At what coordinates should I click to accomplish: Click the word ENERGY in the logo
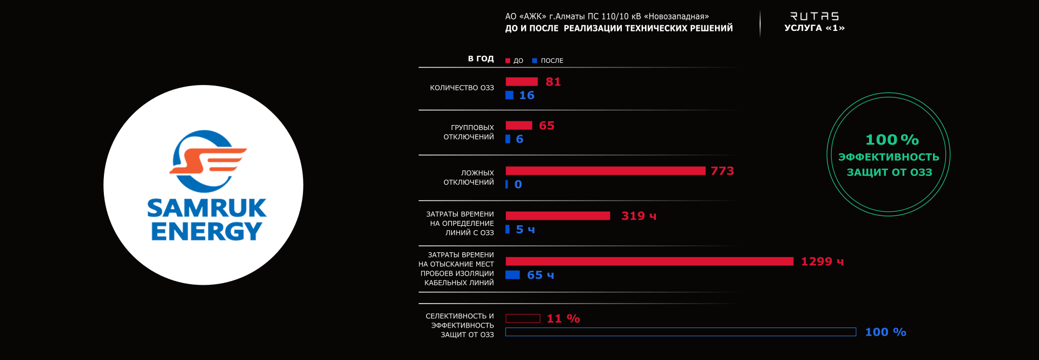coord(207,232)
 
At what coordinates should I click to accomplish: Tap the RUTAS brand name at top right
coord(814,16)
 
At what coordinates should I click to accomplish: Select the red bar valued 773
coord(605,171)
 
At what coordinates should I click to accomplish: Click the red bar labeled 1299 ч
coord(649,261)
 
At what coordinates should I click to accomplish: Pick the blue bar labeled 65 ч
coord(512,275)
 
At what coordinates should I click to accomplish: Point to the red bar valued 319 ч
coord(557,216)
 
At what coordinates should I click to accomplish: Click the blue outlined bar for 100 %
coord(680,332)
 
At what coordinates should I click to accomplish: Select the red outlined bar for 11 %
coord(523,318)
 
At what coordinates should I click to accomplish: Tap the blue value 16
coord(527,95)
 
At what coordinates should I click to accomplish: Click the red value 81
coord(553,82)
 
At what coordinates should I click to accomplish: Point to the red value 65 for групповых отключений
coord(547,126)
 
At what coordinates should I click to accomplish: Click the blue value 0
coord(518,185)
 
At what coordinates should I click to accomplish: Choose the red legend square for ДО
coord(508,61)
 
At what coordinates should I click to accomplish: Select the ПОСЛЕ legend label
coord(552,61)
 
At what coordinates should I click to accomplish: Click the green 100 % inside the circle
coord(892,140)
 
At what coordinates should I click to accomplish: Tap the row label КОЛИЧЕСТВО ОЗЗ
coord(462,88)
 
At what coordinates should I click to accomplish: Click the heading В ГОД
coord(481,58)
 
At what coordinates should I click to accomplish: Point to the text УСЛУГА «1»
coord(814,28)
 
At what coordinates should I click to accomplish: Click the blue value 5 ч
coord(525,230)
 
